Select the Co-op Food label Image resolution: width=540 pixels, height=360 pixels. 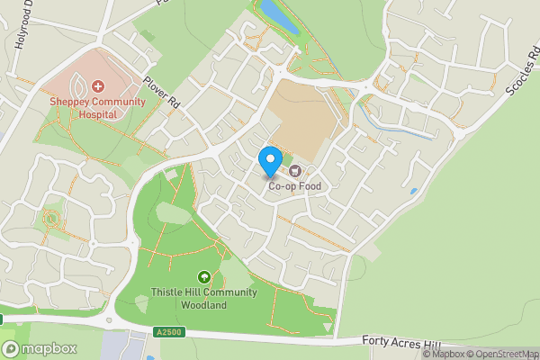293,186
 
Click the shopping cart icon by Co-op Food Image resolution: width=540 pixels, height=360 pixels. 293,171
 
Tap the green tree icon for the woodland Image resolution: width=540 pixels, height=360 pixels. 204,277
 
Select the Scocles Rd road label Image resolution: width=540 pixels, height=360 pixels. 521,72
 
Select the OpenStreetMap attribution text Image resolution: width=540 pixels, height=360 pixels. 501,354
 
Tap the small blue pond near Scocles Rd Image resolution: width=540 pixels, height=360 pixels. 412,191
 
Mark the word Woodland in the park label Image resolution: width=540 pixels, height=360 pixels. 202,305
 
